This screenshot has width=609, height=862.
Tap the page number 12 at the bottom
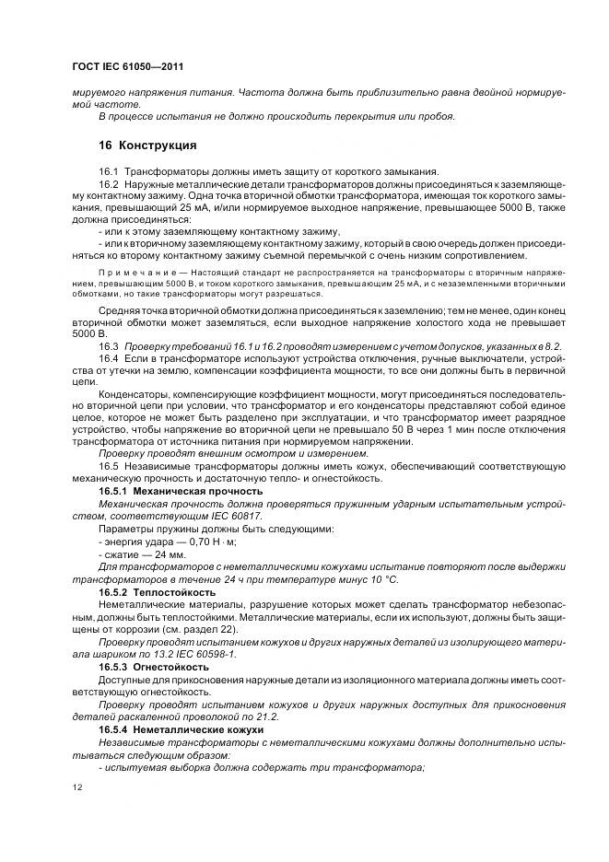(76, 786)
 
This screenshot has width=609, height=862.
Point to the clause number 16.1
(109, 172)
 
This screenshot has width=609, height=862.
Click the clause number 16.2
(109, 185)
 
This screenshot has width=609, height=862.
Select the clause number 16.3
(109, 344)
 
